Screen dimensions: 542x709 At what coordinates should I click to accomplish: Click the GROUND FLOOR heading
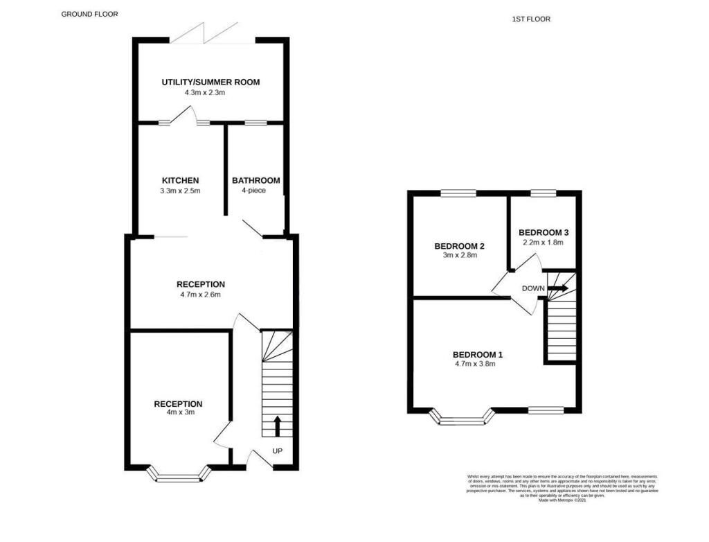(90, 14)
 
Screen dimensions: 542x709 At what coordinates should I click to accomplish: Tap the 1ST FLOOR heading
(531, 19)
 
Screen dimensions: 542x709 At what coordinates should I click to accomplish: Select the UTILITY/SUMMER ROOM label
(210, 82)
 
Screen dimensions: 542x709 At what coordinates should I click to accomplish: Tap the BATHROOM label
(255, 180)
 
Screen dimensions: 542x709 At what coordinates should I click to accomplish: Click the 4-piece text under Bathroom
(254, 191)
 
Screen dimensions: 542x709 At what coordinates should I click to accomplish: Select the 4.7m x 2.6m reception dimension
(201, 295)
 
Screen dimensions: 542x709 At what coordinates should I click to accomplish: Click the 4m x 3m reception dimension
(177, 412)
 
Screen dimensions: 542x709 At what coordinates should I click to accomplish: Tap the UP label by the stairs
(277, 451)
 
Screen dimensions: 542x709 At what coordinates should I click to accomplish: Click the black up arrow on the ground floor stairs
(278, 425)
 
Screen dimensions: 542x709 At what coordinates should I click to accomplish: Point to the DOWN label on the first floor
(532, 289)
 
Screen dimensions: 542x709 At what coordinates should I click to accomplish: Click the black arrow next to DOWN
(558, 288)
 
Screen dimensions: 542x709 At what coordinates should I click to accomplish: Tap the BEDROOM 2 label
(458, 246)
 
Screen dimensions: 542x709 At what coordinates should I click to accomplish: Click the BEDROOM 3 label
(543, 232)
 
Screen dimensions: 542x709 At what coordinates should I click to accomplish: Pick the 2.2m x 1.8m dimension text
(543, 243)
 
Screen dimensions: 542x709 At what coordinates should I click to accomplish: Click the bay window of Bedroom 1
(462, 418)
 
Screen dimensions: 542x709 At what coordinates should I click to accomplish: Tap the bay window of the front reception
(179, 475)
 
